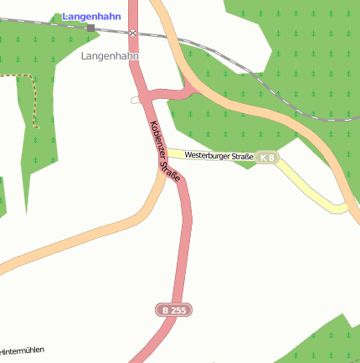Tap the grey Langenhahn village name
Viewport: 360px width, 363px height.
pyautogui.click(x=110, y=55)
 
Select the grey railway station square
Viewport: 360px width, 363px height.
pyautogui.click(x=90, y=28)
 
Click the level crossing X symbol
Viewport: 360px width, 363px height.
pyautogui.click(x=132, y=33)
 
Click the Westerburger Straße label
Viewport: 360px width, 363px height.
pyautogui.click(x=219, y=155)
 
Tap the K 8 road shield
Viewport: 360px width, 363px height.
pyautogui.click(x=267, y=158)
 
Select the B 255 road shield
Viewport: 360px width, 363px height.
pyautogui.click(x=174, y=310)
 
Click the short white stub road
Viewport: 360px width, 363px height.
pyautogui.click(x=136, y=100)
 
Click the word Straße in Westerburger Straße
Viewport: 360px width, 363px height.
pyautogui.click(x=240, y=155)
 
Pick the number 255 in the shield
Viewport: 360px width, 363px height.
pyautogui.click(x=178, y=310)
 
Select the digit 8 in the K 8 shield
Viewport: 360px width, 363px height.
pyautogui.click(x=271, y=158)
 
